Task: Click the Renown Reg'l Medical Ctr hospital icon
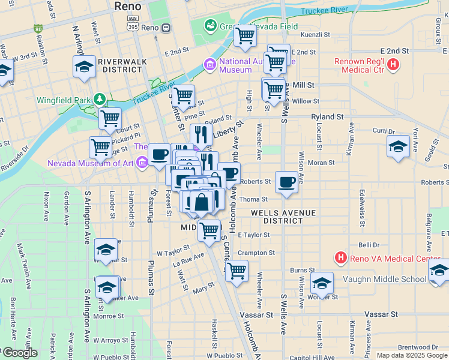(393, 64)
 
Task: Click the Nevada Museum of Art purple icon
(142, 162)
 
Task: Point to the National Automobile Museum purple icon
(210, 64)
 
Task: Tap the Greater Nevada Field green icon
(211, 26)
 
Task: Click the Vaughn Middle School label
(384, 279)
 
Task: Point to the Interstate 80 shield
(38, 28)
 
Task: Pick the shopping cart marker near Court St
(110, 119)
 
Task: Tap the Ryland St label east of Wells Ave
(327, 116)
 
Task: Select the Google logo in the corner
(19, 353)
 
